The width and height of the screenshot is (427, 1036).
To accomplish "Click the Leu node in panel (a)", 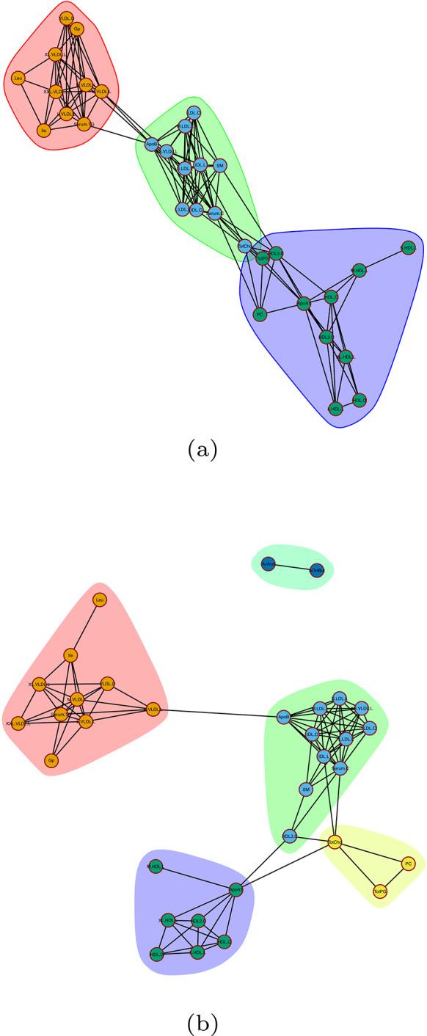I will pyautogui.click(x=18, y=77).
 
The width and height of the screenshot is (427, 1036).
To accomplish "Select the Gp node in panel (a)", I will pyautogui.click(x=77, y=29).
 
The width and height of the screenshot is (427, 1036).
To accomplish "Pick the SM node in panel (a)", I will pyautogui.click(x=219, y=167).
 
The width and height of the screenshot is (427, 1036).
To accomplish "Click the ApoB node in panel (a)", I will pyautogui.click(x=152, y=145).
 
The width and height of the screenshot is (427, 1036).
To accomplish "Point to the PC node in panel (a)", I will pyautogui.click(x=258, y=314).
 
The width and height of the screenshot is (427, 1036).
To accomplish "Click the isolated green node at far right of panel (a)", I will pyautogui.click(x=408, y=249).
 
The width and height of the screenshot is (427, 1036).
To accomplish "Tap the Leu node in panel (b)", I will pyautogui.click(x=98, y=600).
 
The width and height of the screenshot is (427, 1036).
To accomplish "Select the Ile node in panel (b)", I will pyautogui.click(x=71, y=655).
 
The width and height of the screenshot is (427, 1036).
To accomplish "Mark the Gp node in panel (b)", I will pyautogui.click(x=51, y=760).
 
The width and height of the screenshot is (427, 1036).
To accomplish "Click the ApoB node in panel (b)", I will pyautogui.click(x=284, y=717).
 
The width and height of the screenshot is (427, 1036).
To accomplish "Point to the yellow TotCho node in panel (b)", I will pyautogui.click(x=334, y=842).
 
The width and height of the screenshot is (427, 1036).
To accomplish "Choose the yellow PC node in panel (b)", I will pyautogui.click(x=409, y=864).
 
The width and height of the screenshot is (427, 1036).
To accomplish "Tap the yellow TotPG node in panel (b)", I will pyautogui.click(x=379, y=891).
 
